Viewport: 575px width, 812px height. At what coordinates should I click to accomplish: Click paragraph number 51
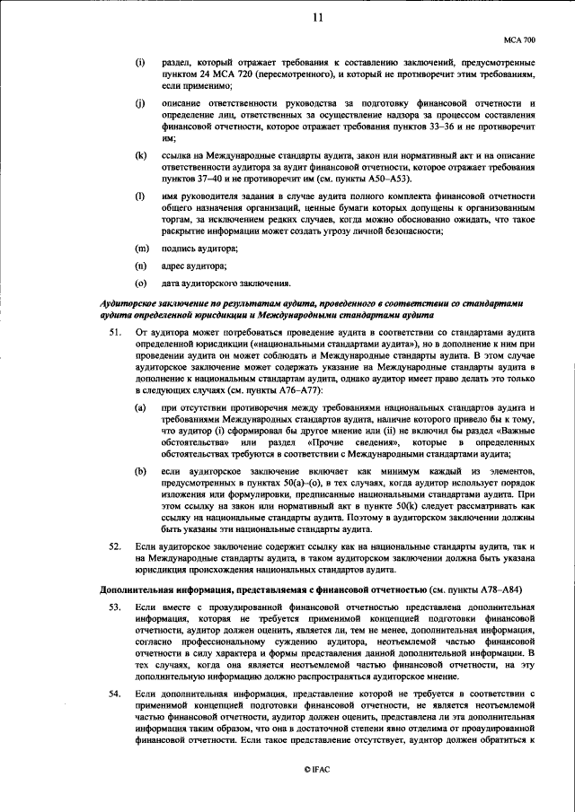114,333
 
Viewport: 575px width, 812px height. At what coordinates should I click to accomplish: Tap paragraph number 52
114,546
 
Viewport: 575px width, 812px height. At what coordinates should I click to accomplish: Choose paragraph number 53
114,607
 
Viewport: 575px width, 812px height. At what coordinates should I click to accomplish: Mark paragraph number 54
114,694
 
